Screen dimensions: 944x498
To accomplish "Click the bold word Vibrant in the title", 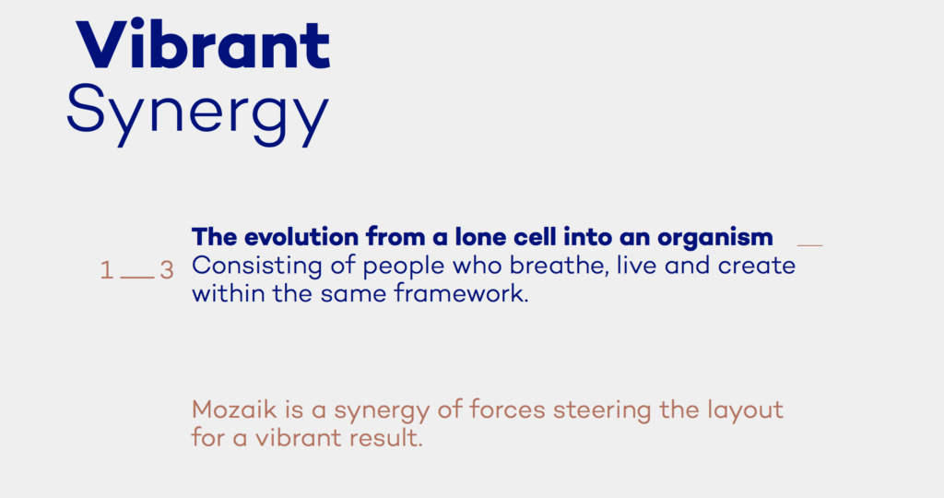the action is (x=204, y=44).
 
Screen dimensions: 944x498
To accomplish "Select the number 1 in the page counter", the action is (x=107, y=270).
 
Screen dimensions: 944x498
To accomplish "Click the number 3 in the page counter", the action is (x=167, y=270).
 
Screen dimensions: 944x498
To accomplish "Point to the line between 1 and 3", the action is (x=137, y=278).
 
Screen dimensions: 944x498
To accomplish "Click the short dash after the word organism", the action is (x=809, y=245).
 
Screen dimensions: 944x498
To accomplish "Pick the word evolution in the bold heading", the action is (x=301, y=237).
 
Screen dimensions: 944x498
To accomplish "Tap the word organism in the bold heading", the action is (x=715, y=239).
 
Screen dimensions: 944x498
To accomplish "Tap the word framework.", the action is (x=461, y=294).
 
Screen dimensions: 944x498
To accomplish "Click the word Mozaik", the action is (x=234, y=410).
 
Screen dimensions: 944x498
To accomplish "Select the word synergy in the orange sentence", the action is (x=381, y=412).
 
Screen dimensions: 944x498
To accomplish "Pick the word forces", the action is (x=507, y=410).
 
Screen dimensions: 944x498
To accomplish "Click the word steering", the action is (x=602, y=412).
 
